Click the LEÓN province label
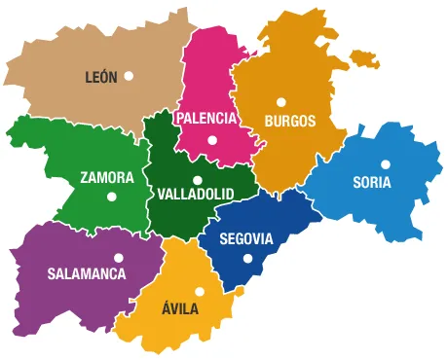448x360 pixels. [x=101, y=76]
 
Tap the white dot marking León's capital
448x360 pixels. [x=128, y=75]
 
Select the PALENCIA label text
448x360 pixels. [x=205, y=118]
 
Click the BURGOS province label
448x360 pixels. [x=289, y=121]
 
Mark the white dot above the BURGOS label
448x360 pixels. [x=280, y=101]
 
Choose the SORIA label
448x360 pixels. [x=372, y=181]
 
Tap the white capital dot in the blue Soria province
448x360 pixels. [x=386, y=163]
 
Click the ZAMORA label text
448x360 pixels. [x=107, y=178]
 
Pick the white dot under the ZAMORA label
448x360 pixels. [x=111, y=197]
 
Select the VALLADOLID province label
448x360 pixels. [x=195, y=194]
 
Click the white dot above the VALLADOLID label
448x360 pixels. [x=197, y=179]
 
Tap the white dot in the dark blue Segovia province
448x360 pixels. [x=247, y=259]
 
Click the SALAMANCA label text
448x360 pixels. [x=87, y=273]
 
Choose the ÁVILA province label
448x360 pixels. [x=180, y=308]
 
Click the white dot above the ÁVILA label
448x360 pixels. [x=200, y=291]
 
